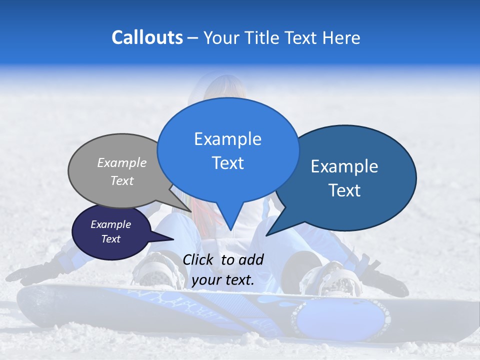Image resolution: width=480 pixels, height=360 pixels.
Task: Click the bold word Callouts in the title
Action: tap(147, 37)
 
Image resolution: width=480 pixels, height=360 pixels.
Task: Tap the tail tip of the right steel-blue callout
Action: tap(266, 235)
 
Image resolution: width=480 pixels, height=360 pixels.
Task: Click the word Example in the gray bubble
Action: tap(122, 162)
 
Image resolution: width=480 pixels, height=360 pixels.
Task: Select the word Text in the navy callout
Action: tap(111, 239)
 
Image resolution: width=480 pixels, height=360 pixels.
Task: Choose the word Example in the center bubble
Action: tap(227, 138)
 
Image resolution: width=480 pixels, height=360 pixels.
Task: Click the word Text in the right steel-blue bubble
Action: tap(344, 190)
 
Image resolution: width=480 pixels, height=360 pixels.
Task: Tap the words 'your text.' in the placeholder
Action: tap(223, 280)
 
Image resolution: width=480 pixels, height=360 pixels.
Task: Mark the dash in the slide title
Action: tap(193, 37)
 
